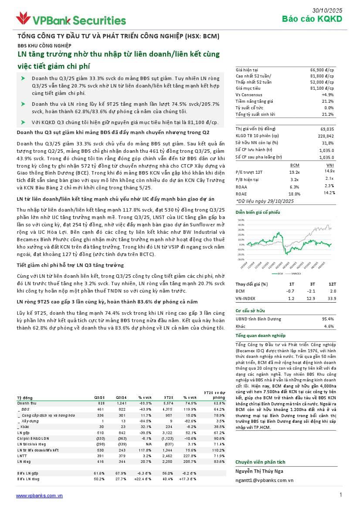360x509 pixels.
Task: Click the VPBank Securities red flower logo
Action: [x=23, y=18]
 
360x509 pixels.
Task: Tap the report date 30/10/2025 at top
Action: [x=327, y=10]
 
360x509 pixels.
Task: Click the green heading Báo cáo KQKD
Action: [x=312, y=19]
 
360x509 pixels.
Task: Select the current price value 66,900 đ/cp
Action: [x=322, y=70]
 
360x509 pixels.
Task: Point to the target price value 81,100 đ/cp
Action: [x=322, y=88]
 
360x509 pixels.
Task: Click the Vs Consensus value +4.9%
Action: [x=327, y=95]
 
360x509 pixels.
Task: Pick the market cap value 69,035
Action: [x=327, y=129]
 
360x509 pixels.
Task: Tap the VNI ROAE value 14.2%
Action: [x=329, y=192]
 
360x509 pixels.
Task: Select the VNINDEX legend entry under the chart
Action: [x=297, y=274]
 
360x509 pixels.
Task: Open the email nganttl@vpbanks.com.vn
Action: [x=264, y=480]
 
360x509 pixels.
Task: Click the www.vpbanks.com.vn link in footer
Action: [x=39, y=496]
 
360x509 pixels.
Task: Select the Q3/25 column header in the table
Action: [x=99, y=398]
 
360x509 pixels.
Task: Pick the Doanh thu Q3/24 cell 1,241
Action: [x=121, y=404]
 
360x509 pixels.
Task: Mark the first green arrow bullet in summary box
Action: [x=23, y=78]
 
